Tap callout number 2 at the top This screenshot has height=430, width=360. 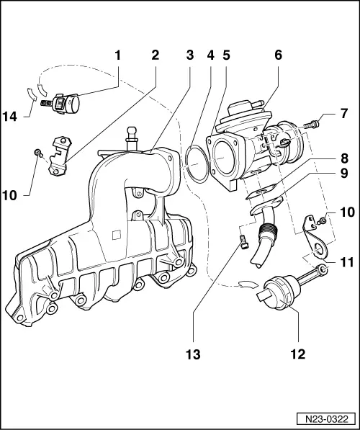pyautogui.click(x=155, y=55)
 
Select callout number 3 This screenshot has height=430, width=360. pyautogui.click(x=190, y=55)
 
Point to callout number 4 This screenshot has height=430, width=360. pyautogui.click(x=210, y=55)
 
